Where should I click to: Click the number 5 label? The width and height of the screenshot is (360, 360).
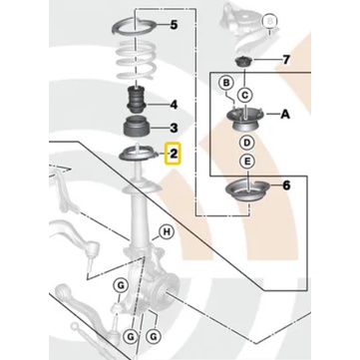pyautogui.click(x=174, y=25)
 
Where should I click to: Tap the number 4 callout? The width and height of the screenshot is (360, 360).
pyautogui.click(x=174, y=105)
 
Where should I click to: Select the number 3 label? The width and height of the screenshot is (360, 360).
pyautogui.click(x=174, y=128)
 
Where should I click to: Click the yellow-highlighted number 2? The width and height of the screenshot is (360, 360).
pyautogui.click(x=174, y=154)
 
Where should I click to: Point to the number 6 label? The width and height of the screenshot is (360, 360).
pyautogui.click(x=286, y=185)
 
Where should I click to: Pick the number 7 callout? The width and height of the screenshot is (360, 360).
pyautogui.click(x=286, y=60)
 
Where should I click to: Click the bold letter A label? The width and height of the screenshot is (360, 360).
pyautogui.click(x=285, y=115)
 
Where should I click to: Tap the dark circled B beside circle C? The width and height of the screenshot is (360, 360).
pyautogui.click(x=226, y=83)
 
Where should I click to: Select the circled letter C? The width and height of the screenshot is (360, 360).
pyautogui.click(x=245, y=96)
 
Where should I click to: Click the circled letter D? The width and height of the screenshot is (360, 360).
pyautogui.click(x=247, y=143)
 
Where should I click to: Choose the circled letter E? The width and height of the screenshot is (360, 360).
pyautogui.click(x=247, y=162)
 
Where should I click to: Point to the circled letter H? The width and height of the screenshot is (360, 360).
pyautogui.click(x=168, y=231)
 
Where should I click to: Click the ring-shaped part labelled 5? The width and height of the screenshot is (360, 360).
pyautogui.click(x=135, y=28)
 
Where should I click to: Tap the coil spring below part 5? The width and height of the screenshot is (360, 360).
pyautogui.click(x=137, y=62)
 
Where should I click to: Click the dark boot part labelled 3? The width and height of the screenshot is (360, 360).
pyautogui.click(x=137, y=127)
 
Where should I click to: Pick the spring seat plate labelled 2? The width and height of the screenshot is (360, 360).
pyautogui.click(x=139, y=156)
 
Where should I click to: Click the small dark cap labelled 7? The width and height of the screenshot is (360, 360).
pyautogui.click(x=244, y=62)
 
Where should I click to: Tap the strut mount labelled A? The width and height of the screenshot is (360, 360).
pyautogui.click(x=245, y=120)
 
